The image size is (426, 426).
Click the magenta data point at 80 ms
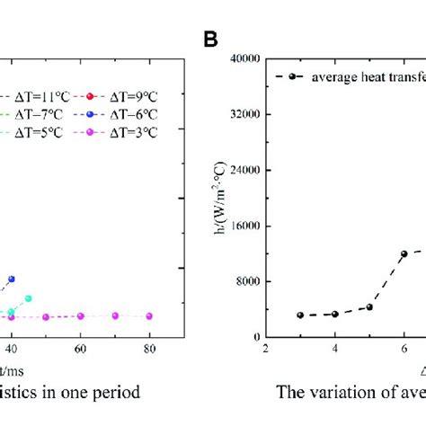(149, 316)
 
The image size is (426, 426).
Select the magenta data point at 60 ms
(80, 316)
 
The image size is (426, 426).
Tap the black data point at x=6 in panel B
(404, 254)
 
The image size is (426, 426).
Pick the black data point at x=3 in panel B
(300, 315)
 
